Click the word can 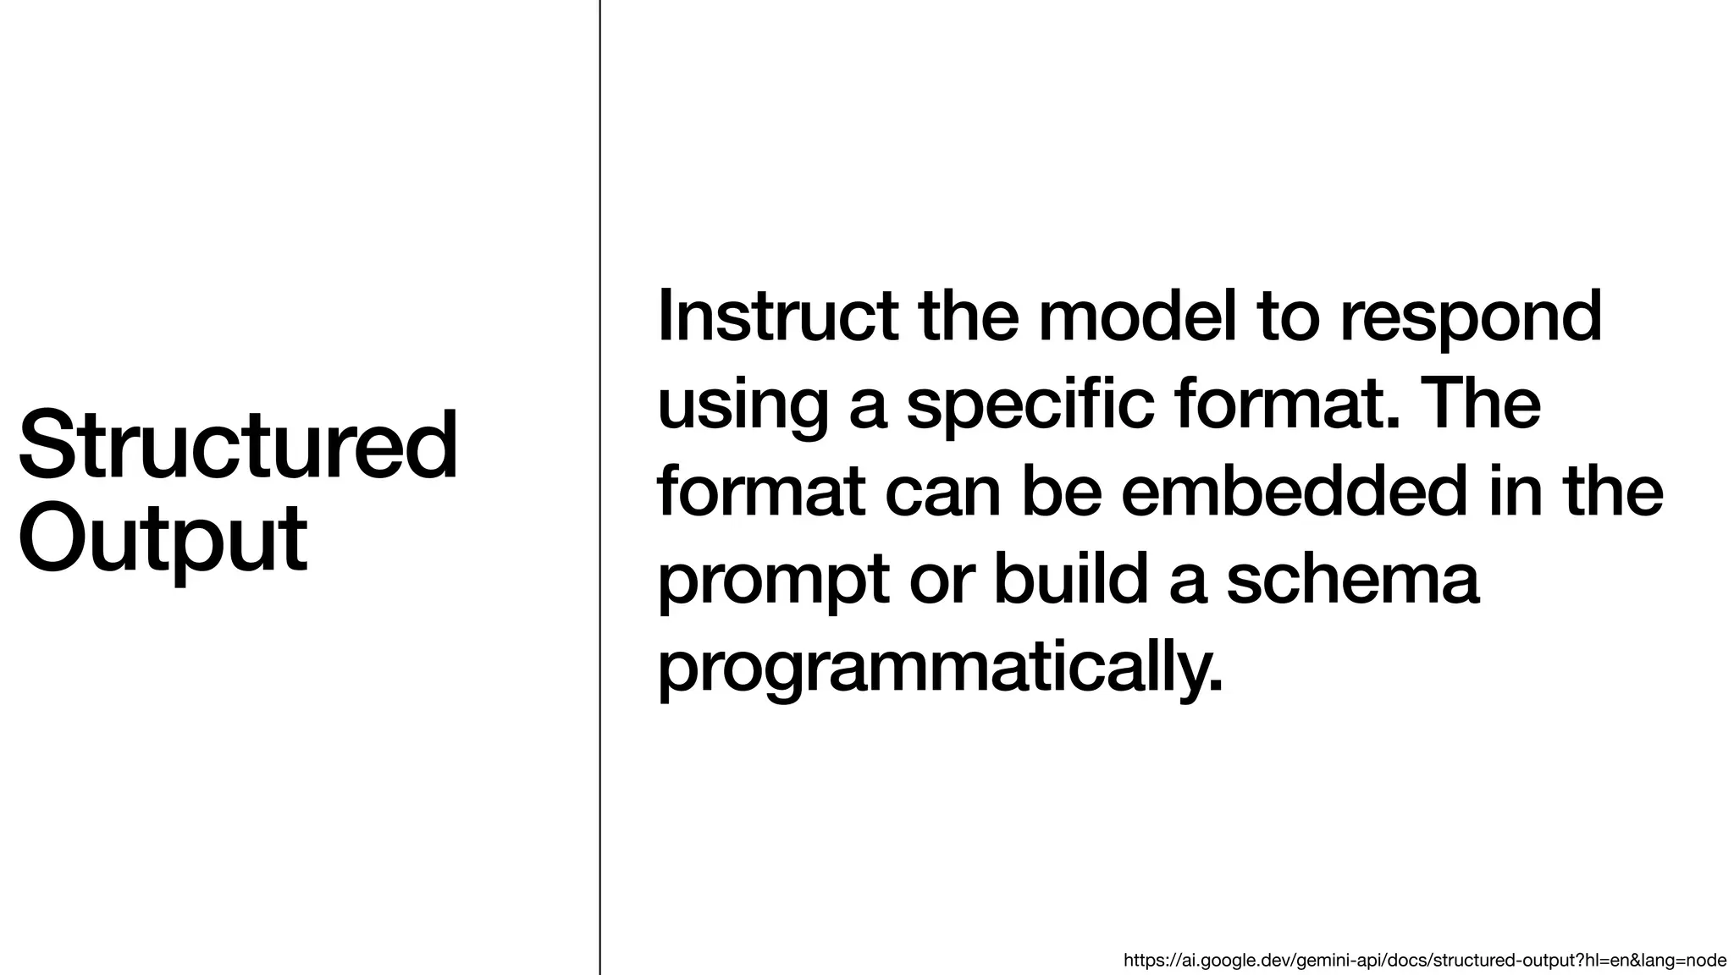(x=943, y=494)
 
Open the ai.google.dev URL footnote (x=1424, y=961)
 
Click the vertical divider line (x=600, y=487)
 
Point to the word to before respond (x=1289, y=317)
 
